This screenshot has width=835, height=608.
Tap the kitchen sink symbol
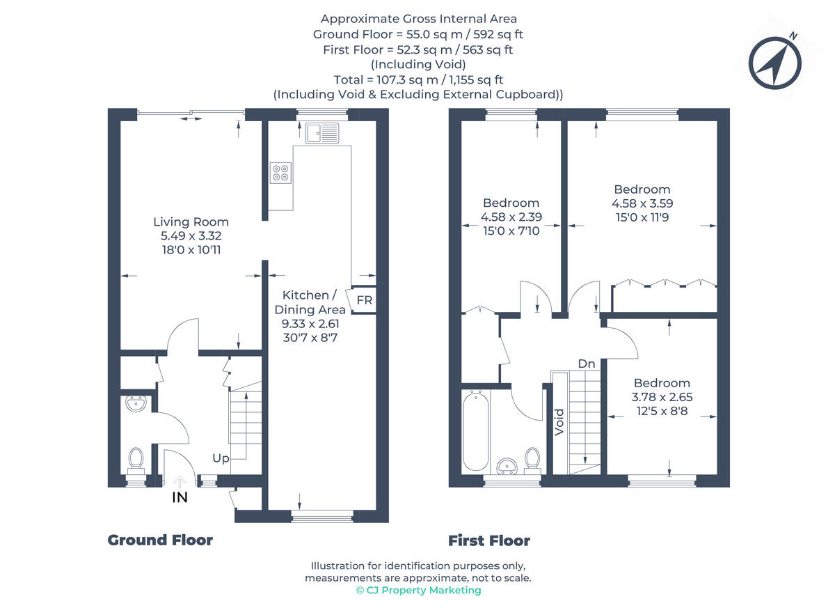click(x=321, y=132)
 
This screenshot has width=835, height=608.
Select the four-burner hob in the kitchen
click(x=280, y=172)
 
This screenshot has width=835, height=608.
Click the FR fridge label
click(x=364, y=300)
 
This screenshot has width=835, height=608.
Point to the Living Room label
click(x=191, y=221)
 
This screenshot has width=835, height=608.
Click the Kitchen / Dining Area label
click(x=310, y=302)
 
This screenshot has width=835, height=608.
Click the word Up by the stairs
click(x=221, y=458)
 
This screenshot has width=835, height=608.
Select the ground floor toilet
click(x=136, y=460)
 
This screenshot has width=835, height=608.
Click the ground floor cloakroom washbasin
click(x=136, y=403)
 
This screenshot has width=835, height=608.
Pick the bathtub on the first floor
click(x=476, y=431)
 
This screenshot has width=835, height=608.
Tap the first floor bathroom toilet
click(x=532, y=459)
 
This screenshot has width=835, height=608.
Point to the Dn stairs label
click(x=586, y=364)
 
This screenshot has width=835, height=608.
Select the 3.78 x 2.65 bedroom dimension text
click(x=662, y=397)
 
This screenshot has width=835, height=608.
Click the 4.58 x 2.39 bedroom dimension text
click(x=511, y=217)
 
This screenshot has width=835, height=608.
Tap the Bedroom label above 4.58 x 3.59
click(x=642, y=189)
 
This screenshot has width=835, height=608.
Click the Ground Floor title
click(x=160, y=540)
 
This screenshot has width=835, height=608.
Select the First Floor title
click(x=488, y=540)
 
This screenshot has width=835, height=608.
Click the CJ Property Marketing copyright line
click(x=417, y=590)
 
